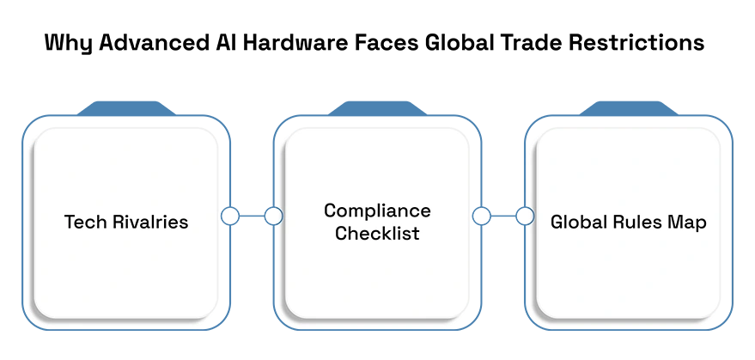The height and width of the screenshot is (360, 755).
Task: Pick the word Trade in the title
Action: (528, 42)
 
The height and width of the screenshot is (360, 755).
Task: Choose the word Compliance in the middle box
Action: (378, 211)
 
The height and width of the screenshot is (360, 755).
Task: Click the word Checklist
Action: (378, 233)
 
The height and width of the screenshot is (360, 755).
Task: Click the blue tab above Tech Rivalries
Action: (126, 108)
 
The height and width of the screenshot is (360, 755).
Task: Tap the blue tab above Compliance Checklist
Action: (378, 108)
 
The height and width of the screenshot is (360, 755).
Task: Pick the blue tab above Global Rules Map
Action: (629, 108)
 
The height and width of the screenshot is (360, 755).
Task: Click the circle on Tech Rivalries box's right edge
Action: (230, 216)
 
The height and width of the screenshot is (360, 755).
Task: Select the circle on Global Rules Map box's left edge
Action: (525, 216)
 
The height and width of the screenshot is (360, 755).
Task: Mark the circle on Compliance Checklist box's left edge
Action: (273, 216)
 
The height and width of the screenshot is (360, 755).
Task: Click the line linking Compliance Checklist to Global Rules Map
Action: (503, 216)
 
